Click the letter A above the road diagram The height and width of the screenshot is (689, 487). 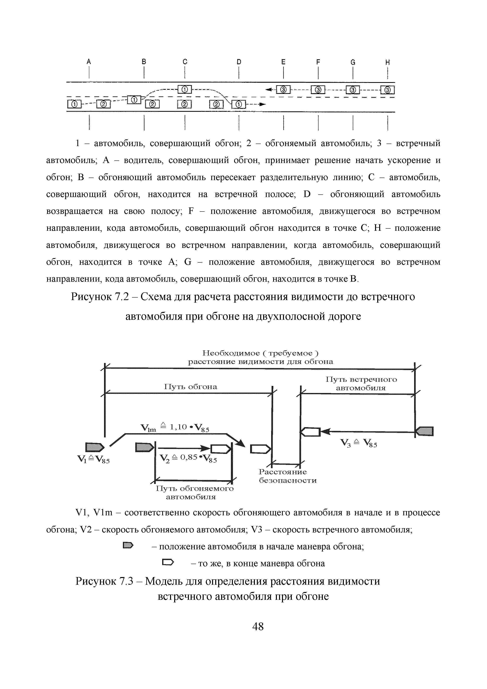pyautogui.click(x=89, y=62)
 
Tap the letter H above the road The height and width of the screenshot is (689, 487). pyautogui.click(x=388, y=62)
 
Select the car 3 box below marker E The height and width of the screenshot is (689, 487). pyautogui.click(x=283, y=89)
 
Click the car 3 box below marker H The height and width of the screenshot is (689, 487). pyautogui.click(x=388, y=90)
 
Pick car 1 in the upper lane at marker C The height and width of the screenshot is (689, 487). pyautogui.click(x=185, y=89)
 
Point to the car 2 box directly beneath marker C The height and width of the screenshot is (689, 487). pyautogui.click(x=185, y=104)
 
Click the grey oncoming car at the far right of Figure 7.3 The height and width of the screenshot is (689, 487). pyautogui.click(x=425, y=431)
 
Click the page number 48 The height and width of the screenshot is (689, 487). pyautogui.click(x=258, y=626)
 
